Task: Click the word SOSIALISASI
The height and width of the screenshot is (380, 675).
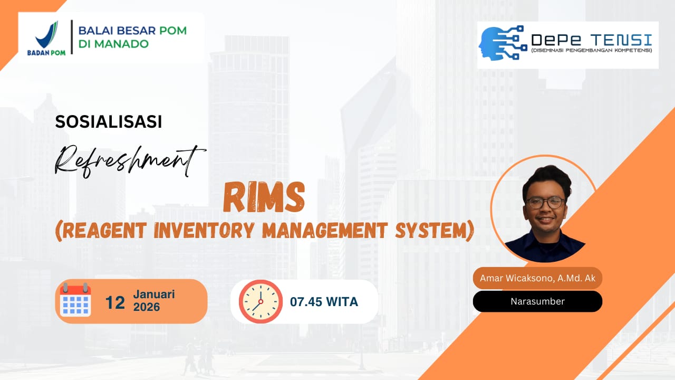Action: tap(109, 121)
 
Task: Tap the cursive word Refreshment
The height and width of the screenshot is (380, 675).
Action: tap(130, 161)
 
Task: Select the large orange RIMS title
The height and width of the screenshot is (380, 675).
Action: tap(264, 198)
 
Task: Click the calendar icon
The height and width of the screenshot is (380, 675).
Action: tap(75, 300)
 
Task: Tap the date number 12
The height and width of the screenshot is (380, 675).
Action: tap(115, 302)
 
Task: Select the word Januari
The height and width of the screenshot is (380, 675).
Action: tap(154, 294)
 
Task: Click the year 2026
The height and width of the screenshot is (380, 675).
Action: tap(147, 307)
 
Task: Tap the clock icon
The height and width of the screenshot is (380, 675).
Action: tap(261, 301)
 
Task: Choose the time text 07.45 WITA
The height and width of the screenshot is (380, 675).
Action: tap(324, 302)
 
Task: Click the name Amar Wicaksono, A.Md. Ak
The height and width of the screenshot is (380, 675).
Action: tap(537, 278)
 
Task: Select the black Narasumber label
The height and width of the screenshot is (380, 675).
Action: tap(537, 301)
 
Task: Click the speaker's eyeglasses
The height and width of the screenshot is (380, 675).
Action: tap(545, 203)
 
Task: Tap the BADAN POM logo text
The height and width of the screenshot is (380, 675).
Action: tap(46, 52)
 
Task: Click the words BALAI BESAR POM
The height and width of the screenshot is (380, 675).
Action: tap(132, 31)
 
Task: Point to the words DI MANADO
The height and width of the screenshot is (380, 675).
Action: tap(113, 44)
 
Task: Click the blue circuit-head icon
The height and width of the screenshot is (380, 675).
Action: tap(503, 43)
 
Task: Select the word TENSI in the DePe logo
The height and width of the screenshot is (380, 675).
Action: tap(621, 40)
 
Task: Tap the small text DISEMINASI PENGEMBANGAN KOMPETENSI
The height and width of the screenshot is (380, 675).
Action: tap(592, 50)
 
